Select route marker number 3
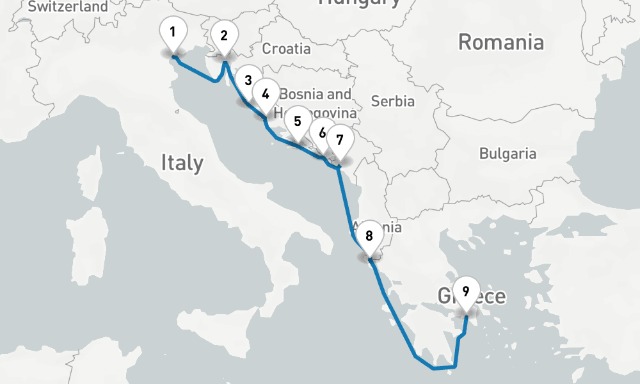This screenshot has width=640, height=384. (248, 81)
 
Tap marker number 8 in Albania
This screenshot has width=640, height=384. (369, 236)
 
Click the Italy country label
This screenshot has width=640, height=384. (182, 163)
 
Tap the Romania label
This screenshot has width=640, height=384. (501, 43)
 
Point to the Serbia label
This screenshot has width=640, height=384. (393, 101)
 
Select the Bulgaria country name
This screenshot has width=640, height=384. (508, 154)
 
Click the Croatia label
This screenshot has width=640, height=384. (286, 49)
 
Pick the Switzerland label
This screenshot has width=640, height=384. (68, 7)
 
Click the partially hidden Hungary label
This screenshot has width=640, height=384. (359, 3)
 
